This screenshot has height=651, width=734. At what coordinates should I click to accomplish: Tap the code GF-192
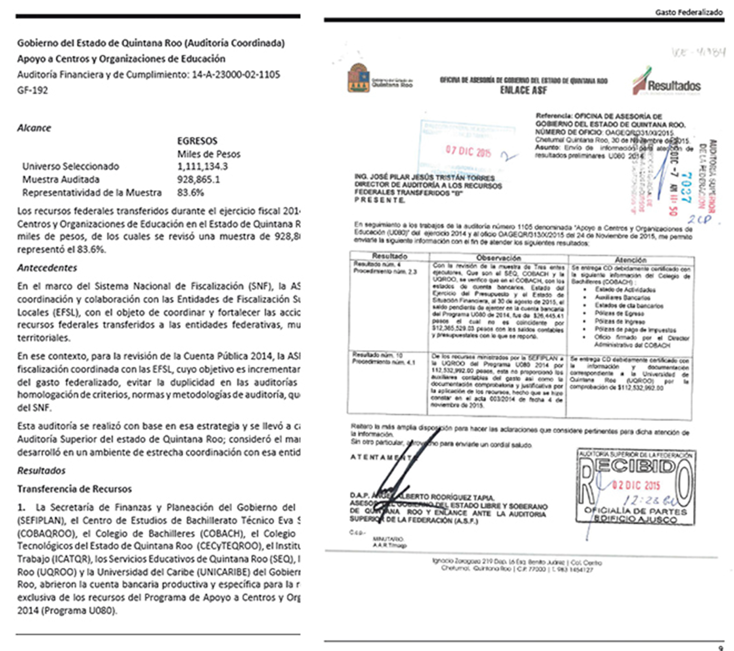point(32,90)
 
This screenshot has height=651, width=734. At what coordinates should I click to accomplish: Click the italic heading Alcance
point(34,128)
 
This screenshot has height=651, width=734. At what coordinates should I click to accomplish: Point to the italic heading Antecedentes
point(47,268)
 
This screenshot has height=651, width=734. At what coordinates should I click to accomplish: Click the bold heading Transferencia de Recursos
point(74,489)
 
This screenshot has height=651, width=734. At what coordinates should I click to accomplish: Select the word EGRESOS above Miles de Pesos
point(197,141)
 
